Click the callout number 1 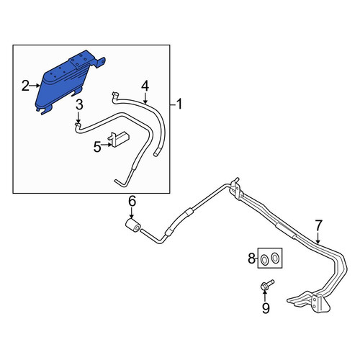point(179,105)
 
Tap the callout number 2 point(25,86)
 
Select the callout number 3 point(79,105)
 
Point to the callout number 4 point(145,86)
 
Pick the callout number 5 point(97,147)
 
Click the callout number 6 point(132,202)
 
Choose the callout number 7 point(318,225)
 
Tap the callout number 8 point(251,258)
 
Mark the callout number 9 point(266,308)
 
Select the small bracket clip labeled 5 point(118,138)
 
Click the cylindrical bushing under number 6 point(132,225)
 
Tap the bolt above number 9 point(266,284)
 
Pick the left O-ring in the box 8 point(264,259)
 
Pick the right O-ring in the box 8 point(274,257)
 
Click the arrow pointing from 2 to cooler point(35,85)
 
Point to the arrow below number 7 point(318,238)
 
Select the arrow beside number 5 point(107,145)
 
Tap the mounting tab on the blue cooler point(100,63)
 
